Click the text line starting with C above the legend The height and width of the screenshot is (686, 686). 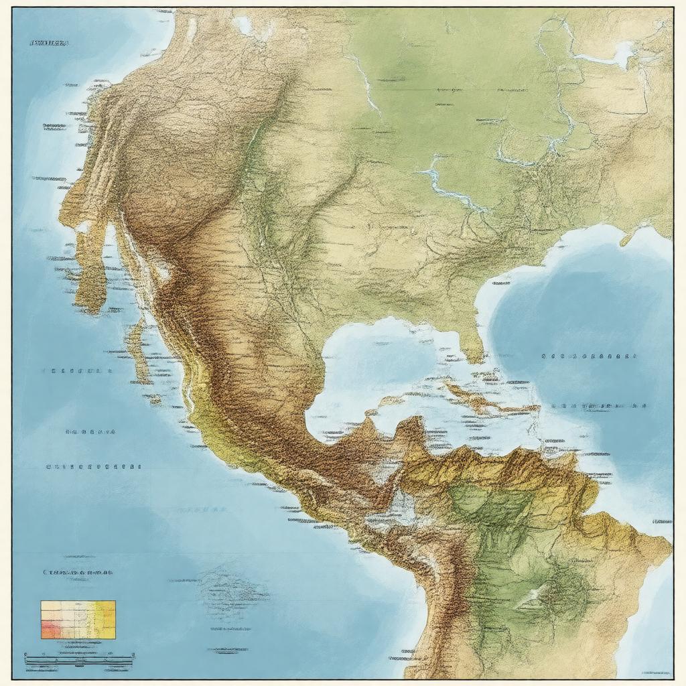point(78,573)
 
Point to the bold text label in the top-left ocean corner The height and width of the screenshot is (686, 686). point(49,43)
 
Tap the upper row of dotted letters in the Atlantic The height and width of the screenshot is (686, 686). point(590,357)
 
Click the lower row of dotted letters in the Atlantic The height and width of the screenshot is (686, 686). point(600,405)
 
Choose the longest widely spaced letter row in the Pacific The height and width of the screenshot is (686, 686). point(94,466)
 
